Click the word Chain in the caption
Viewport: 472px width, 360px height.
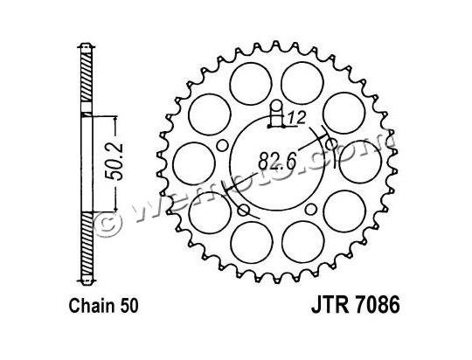pos(91,307)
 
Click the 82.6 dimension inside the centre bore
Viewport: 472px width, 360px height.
pos(275,161)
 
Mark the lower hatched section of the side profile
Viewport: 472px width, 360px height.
pos(85,246)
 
